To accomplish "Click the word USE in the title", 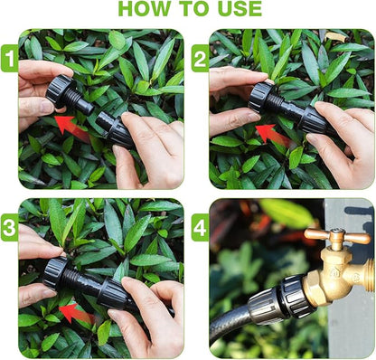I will click(x=233, y=10).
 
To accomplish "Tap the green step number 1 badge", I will click(x=9, y=60).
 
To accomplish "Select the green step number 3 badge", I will click(x=9, y=227).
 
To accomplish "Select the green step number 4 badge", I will click(x=200, y=227).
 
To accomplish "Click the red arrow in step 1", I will click(x=71, y=126).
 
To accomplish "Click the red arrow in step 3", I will click(x=74, y=313).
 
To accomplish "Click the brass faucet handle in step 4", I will click(x=337, y=237).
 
